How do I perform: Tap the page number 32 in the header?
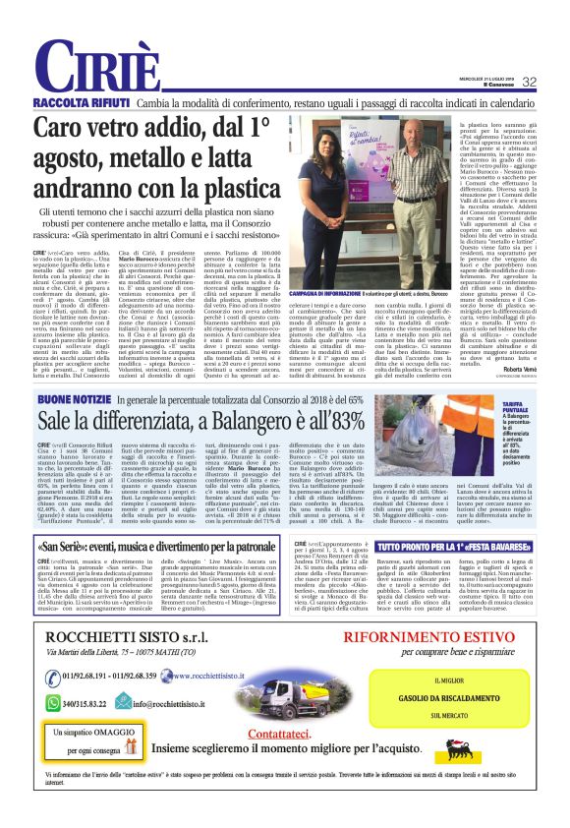click(529, 83)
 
